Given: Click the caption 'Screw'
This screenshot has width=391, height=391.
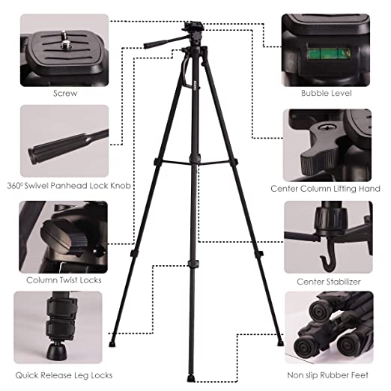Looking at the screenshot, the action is point(65,94).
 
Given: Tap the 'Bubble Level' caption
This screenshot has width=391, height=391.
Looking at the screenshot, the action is point(327,93).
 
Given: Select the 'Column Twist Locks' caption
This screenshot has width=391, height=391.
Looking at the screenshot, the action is point(64,280).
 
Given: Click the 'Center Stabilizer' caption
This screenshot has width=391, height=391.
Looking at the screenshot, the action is point(329,282).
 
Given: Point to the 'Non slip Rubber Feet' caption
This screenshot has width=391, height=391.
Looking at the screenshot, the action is point(327,375).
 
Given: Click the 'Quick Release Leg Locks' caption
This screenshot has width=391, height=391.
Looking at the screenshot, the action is point(64,375).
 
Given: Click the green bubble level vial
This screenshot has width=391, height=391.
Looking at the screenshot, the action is point(329,54).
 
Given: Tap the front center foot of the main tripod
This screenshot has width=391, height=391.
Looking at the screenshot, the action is point(191,378).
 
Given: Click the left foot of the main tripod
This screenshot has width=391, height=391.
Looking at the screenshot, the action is point(112,344).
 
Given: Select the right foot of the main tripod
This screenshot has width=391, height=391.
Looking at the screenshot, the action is point(280,343).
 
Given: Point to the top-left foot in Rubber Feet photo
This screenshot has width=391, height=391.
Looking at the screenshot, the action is point(319,312).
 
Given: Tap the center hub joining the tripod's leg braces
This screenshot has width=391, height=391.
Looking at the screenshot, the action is point(195,160).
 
